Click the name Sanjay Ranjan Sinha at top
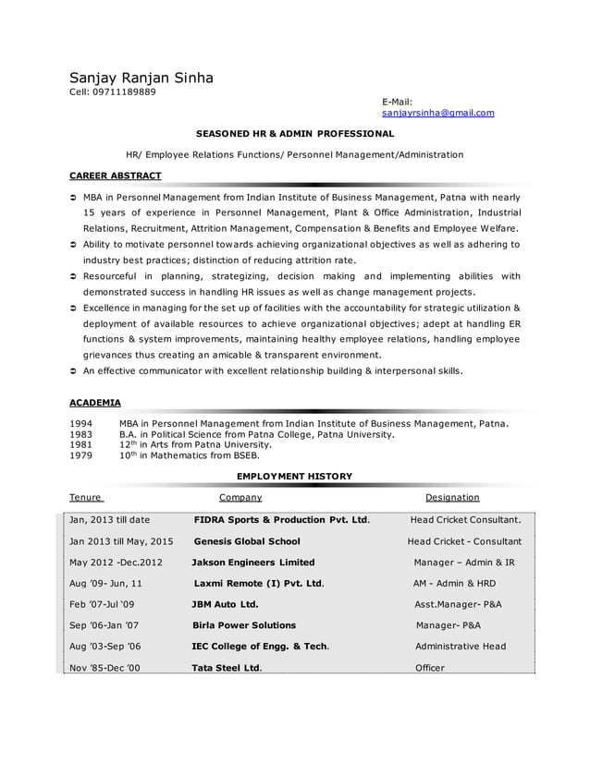[141, 78]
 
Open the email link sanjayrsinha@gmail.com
[437, 113]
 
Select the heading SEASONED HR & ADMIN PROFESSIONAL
[294, 134]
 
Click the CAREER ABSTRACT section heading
[116, 175]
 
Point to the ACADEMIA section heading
[95, 403]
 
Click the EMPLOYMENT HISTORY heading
[294, 476]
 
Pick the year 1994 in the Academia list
[81, 423]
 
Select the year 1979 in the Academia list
[81, 454]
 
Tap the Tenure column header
[85, 497]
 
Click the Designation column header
[452, 497]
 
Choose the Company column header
[240, 497]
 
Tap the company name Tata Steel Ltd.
[227, 667]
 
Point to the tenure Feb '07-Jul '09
[102, 604]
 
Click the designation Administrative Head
[461, 646]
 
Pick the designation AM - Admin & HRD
[454, 584]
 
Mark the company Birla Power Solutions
[243, 625]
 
